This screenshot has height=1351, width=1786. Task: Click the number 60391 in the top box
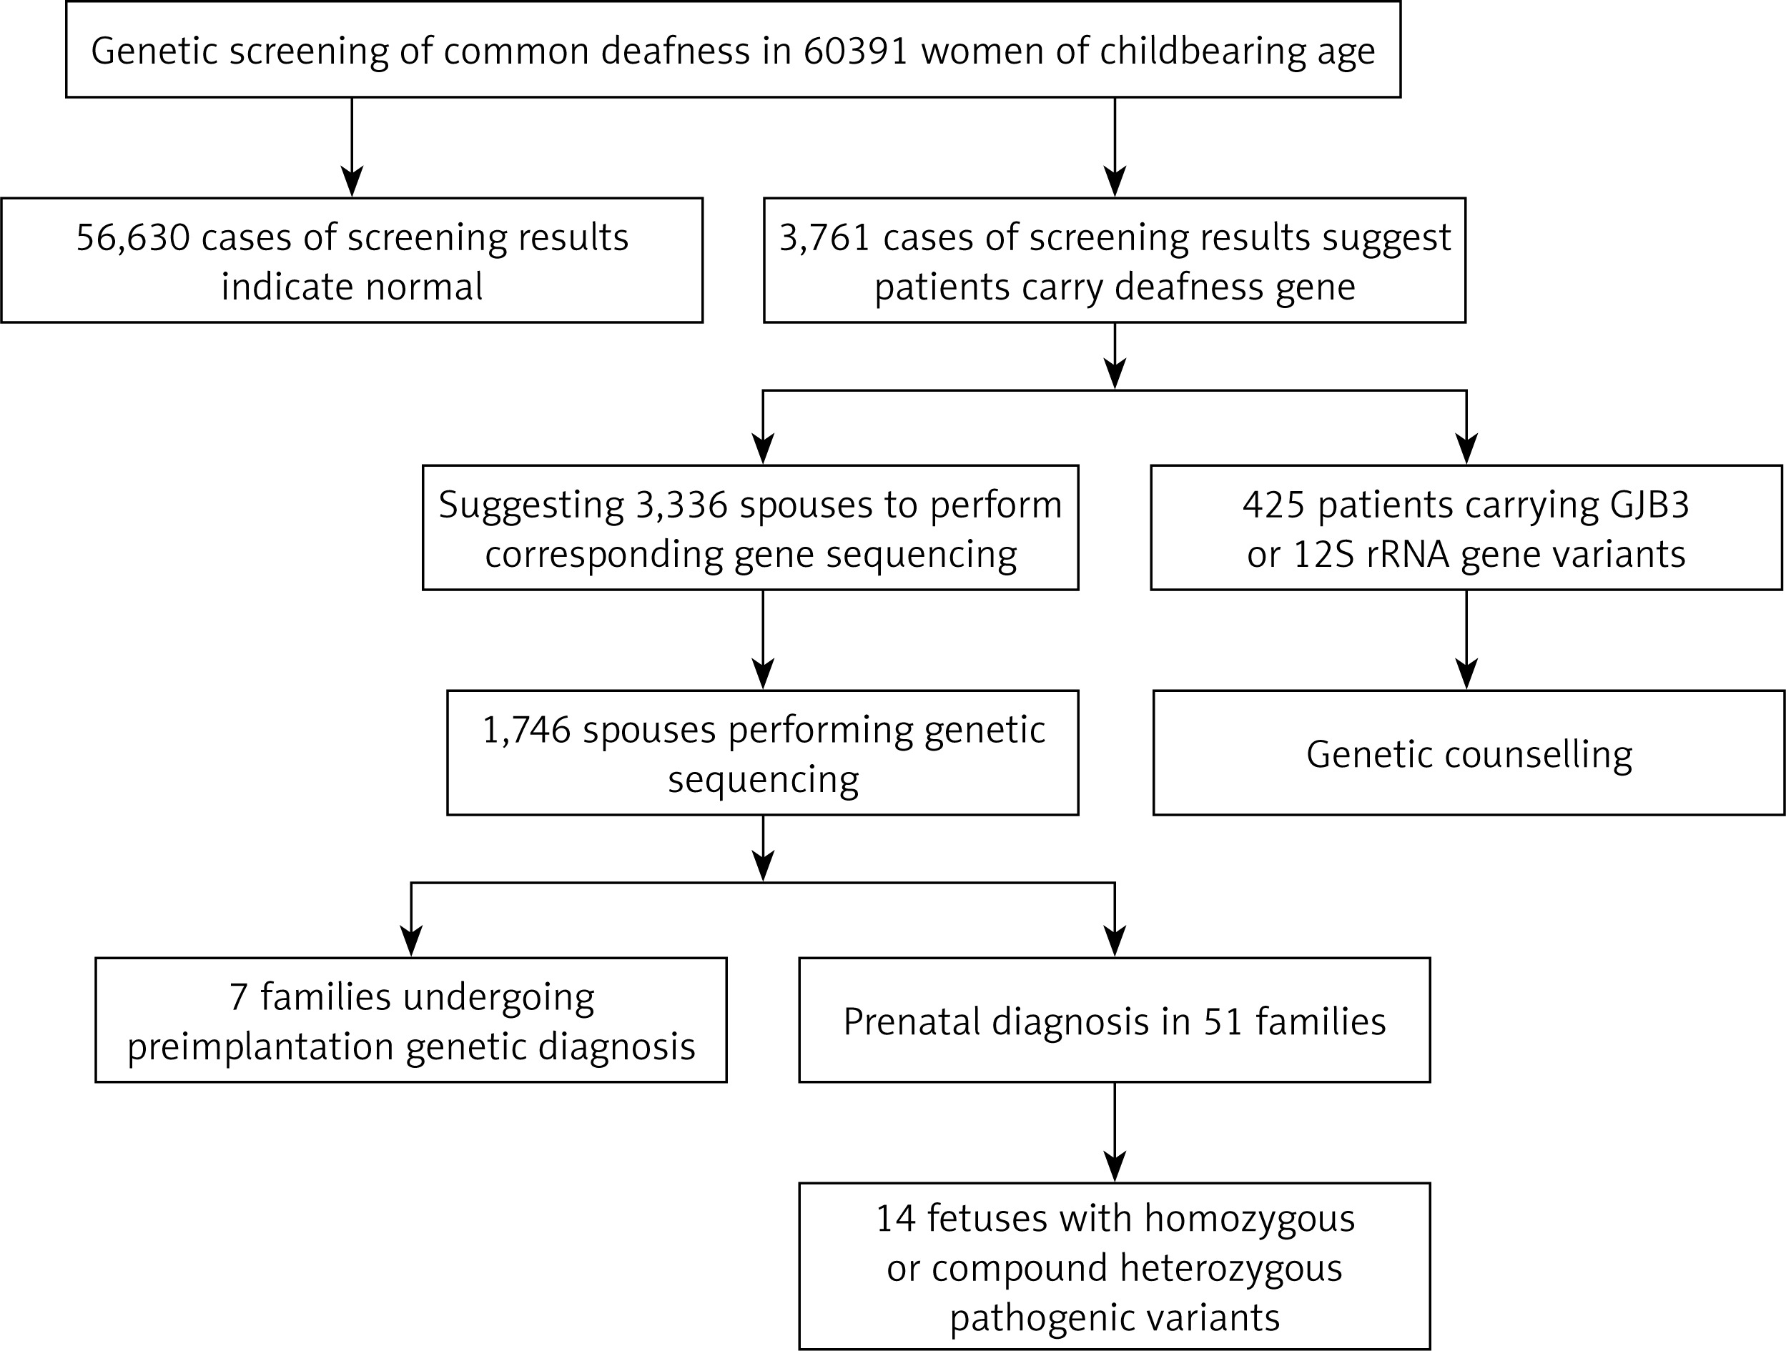857,51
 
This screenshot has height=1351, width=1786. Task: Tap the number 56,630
133,238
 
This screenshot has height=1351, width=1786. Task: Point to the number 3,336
682,505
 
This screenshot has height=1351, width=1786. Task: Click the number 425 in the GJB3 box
1273,505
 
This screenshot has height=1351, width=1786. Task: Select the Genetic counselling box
1469,753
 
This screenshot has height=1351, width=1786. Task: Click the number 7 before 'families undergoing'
238,997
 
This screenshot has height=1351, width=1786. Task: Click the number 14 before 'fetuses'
895,1219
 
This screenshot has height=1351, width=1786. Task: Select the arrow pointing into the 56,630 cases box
352,147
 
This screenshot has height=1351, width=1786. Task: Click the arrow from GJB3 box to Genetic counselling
1466,640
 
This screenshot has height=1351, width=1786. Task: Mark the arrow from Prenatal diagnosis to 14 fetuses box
1115,1132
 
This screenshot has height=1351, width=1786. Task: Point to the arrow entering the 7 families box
412,919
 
